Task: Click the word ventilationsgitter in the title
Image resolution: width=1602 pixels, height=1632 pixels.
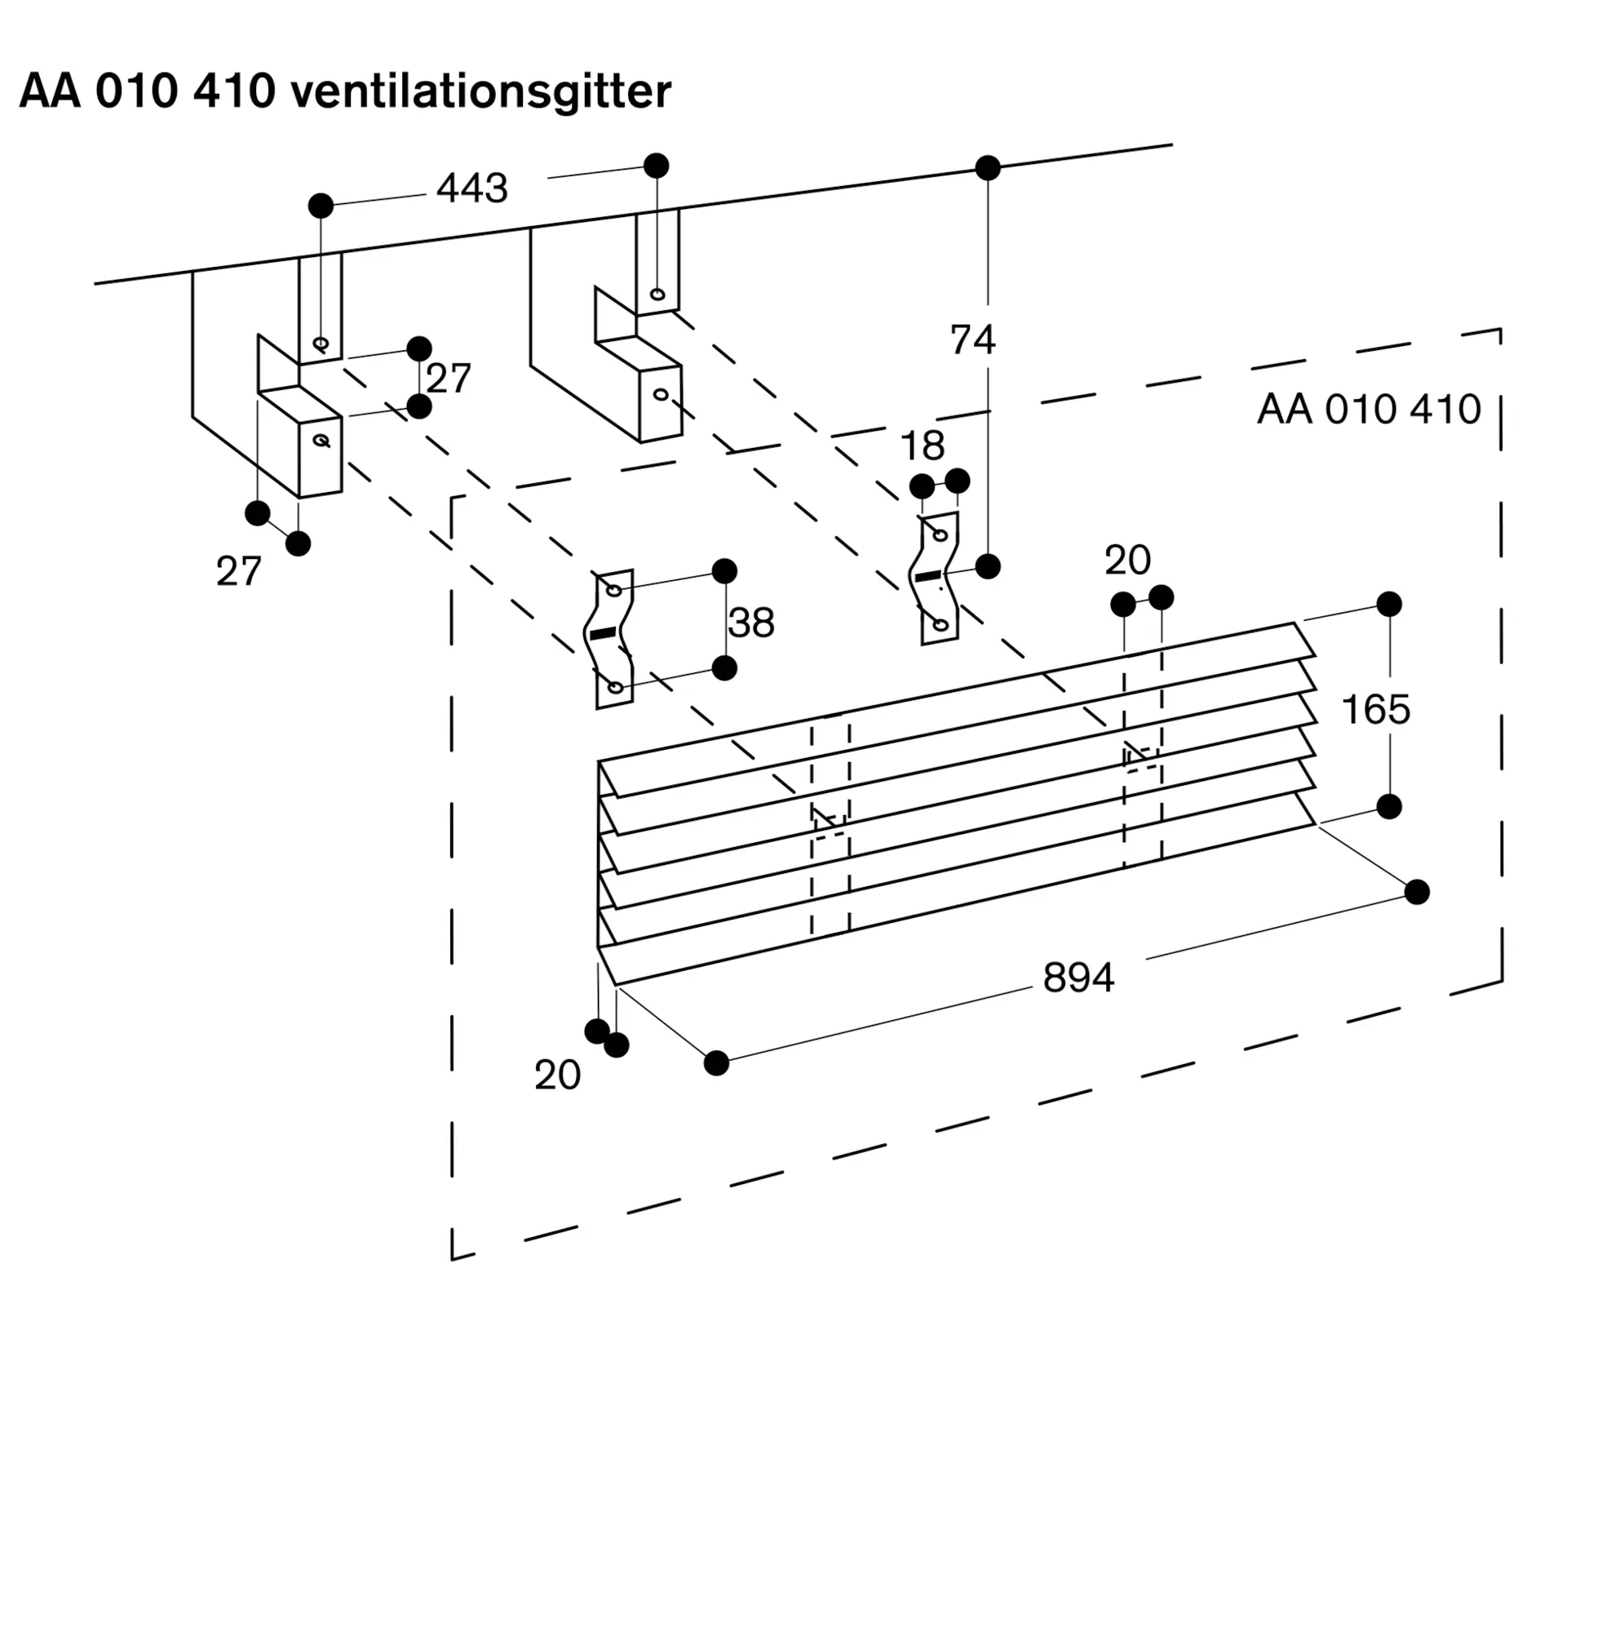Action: pyautogui.click(x=480, y=91)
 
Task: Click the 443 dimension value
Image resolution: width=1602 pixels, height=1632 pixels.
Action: pyautogui.click(x=472, y=188)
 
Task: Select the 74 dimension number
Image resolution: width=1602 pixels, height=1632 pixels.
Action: pyautogui.click(x=972, y=340)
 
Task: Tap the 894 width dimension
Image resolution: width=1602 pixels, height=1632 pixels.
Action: pyautogui.click(x=1078, y=978)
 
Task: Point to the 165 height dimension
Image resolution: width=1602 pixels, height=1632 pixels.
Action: pyautogui.click(x=1376, y=710)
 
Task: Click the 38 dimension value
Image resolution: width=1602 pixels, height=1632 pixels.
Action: pyautogui.click(x=750, y=623)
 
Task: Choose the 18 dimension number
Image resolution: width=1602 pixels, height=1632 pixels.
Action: pyautogui.click(x=923, y=446)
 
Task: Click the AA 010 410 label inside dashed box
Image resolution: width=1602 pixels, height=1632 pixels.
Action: pyautogui.click(x=1368, y=410)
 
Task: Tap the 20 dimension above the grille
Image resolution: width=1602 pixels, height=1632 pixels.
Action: pyautogui.click(x=1127, y=561)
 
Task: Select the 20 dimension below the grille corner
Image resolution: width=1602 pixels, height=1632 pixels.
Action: pyautogui.click(x=557, y=1075)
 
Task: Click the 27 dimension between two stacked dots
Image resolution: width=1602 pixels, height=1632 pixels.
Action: pyautogui.click(x=448, y=379)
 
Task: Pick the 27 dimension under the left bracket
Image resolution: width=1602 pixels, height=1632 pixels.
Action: pyautogui.click(x=239, y=572)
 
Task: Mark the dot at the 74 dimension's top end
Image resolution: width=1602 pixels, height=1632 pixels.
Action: pyautogui.click(x=988, y=168)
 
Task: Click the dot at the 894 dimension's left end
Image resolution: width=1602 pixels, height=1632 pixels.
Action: pyautogui.click(x=716, y=1063)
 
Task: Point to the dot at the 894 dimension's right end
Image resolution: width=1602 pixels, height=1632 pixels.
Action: pyautogui.click(x=1417, y=891)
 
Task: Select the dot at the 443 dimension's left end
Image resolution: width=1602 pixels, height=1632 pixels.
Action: pyautogui.click(x=321, y=206)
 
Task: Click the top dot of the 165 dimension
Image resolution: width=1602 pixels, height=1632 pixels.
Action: pyautogui.click(x=1389, y=604)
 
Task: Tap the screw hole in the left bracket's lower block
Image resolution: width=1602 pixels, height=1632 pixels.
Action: pyautogui.click(x=321, y=440)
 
